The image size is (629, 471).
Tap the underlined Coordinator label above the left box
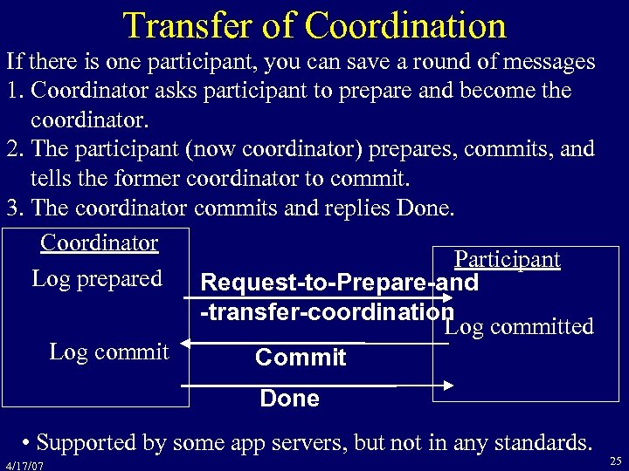coord(99,242)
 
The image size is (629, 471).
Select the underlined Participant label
coord(508,260)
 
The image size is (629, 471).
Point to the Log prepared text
coord(97,278)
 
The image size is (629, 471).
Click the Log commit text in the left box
coord(109,352)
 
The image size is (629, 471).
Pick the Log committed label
coord(519,326)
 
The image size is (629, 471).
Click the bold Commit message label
coord(301,358)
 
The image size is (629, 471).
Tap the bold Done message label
coord(290,399)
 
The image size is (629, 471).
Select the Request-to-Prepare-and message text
coord(339,283)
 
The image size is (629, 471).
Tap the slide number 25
coord(615,459)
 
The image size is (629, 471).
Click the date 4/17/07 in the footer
coord(24,465)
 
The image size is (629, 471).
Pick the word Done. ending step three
coord(437,209)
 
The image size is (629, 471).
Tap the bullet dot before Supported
coord(30,440)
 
